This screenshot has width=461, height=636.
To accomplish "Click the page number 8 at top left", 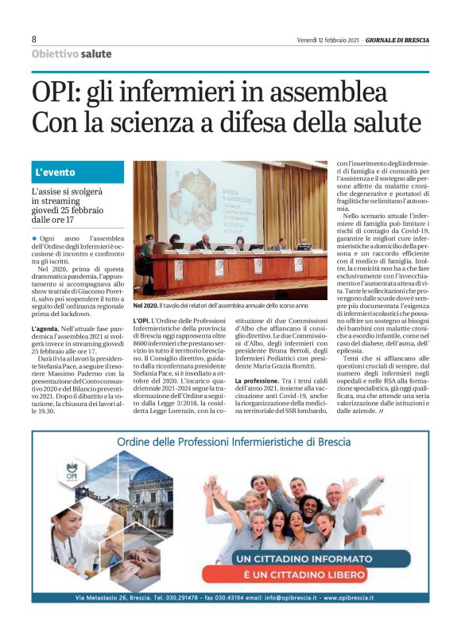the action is click(x=34, y=39).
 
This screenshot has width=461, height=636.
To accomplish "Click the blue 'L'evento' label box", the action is click(x=78, y=172).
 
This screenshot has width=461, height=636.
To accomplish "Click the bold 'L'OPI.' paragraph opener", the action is click(x=143, y=320).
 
